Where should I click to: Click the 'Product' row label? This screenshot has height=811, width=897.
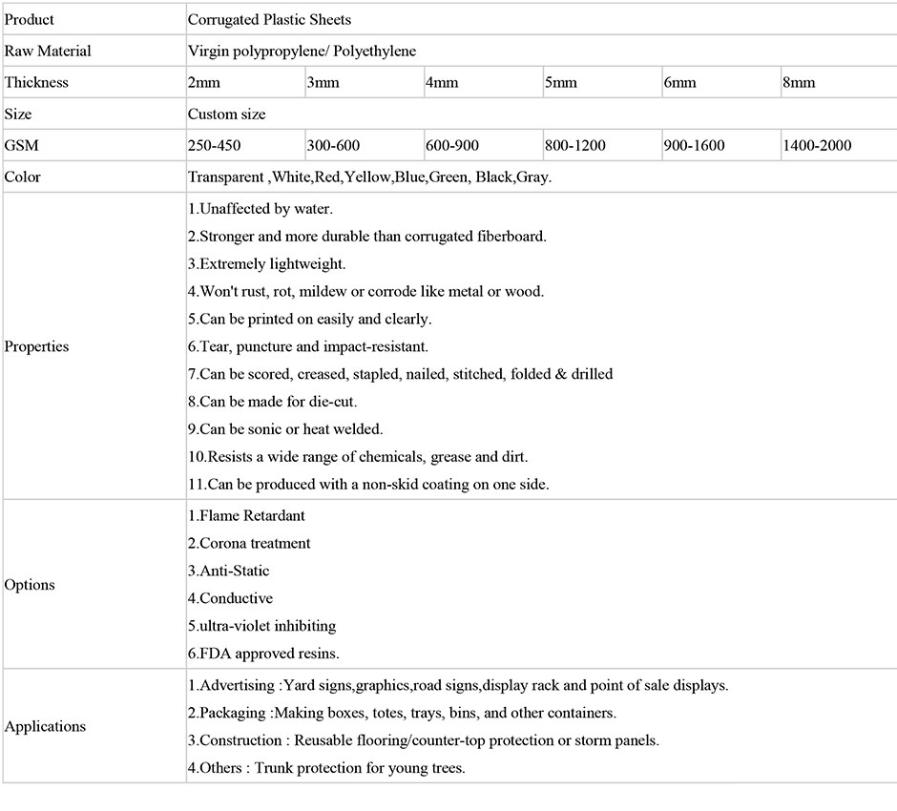point(30,19)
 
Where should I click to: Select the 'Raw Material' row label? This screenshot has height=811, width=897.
point(48,51)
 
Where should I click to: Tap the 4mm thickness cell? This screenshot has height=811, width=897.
point(442,82)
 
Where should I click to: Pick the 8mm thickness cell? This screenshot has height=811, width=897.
point(799,82)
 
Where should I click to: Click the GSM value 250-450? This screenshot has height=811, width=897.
point(215,145)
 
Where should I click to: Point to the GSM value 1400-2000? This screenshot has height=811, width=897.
point(817,145)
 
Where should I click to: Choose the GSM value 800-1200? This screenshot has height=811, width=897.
point(575,145)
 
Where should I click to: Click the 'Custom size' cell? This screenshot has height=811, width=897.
point(227,114)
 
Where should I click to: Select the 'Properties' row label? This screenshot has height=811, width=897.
point(37,346)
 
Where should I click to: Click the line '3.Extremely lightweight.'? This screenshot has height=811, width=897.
point(267,263)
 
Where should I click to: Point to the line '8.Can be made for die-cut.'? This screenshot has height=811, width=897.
point(273,402)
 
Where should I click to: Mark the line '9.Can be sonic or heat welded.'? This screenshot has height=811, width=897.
point(285,429)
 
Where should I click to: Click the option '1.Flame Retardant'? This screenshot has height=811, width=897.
point(246,515)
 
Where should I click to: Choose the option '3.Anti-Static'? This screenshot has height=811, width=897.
point(229,571)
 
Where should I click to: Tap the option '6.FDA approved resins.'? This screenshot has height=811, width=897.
point(263,654)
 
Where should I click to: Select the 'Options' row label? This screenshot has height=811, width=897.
point(31,585)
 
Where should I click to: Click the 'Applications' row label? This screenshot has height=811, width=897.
point(46,726)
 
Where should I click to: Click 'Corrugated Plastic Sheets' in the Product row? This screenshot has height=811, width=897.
point(270,19)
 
